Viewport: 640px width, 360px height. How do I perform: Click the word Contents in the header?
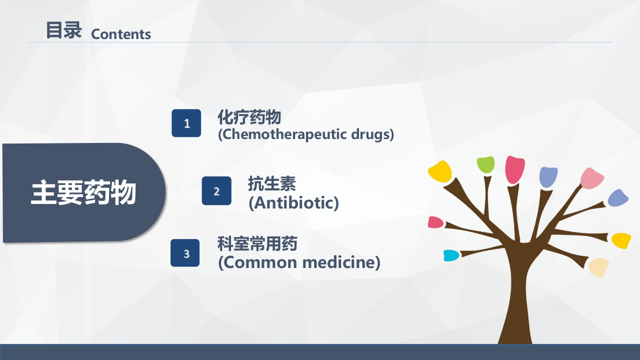121,34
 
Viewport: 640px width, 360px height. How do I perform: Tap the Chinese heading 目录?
63,30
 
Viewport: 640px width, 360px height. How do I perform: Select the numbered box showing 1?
186,123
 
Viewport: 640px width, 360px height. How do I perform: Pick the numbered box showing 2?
216,190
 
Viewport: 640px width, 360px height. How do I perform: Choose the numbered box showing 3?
185,253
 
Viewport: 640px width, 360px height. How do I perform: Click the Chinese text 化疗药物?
249,117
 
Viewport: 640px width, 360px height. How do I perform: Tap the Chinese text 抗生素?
272,183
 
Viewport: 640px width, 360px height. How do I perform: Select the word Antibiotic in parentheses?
294,202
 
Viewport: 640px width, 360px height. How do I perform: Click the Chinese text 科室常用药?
257,244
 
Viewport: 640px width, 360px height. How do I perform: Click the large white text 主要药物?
83,193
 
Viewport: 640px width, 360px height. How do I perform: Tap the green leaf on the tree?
485,164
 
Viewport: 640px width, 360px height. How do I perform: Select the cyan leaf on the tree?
451,255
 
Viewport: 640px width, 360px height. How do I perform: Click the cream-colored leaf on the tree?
598,267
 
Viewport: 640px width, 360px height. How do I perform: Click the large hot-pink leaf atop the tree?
514,169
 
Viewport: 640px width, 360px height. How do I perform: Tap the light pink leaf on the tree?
592,178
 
